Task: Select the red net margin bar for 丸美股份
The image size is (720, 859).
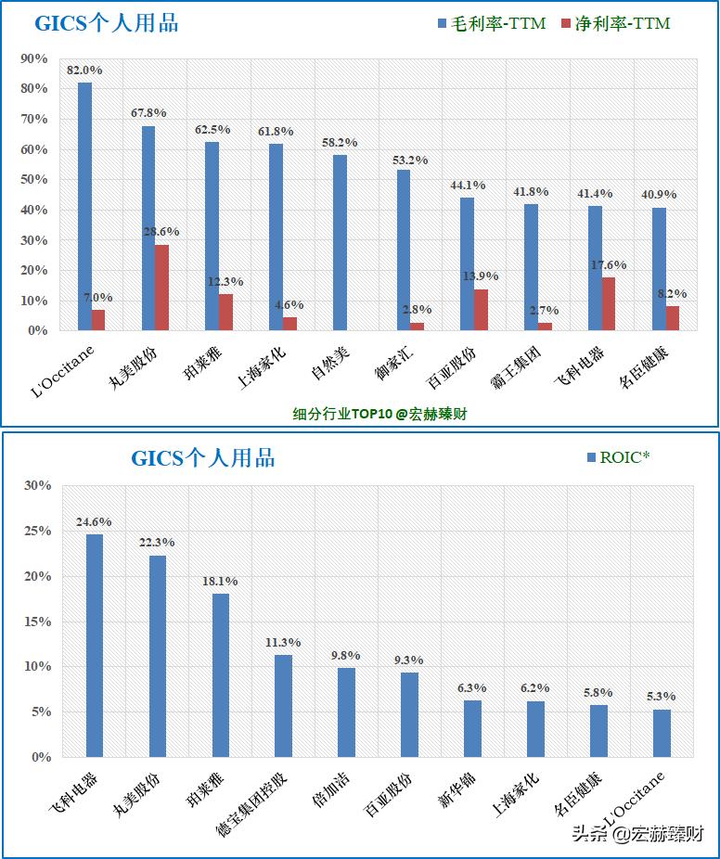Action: coord(161,288)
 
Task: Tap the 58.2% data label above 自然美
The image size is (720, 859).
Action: coord(339,143)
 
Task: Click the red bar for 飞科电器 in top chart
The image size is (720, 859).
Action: coord(609,303)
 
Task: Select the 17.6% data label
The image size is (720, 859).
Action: coord(609,264)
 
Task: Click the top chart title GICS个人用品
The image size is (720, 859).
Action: coord(106,24)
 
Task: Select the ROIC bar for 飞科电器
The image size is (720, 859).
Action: coord(95,646)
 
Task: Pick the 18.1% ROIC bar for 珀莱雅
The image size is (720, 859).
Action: coord(221,675)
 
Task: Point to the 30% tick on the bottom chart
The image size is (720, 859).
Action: coord(38,485)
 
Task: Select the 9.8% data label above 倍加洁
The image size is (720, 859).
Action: coord(346,656)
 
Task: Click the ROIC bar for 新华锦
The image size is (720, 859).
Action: coord(472,728)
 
